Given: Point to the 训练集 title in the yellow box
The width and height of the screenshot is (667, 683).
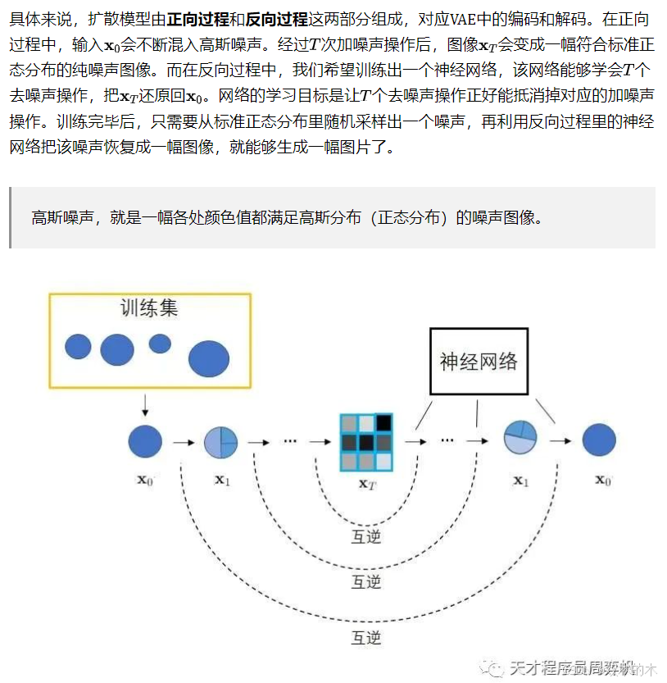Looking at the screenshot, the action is (x=149, y=308).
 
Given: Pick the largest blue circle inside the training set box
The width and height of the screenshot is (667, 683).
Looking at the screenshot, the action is (x=209, y=357).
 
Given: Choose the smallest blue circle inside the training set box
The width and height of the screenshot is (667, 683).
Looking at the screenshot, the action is (x=160, y=344).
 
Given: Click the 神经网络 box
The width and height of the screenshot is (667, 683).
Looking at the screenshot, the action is (x=479, y=361).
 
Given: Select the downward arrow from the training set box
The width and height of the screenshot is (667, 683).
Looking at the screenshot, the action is (x=145, y=403).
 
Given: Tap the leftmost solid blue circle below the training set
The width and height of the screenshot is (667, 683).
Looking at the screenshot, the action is (x=145, y=441).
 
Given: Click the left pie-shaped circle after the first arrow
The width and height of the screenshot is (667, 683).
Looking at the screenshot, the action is (x=220, y=442).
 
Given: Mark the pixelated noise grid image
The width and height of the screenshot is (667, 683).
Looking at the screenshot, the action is (x=366, y=442).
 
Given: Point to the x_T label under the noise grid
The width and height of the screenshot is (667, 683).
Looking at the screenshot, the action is (x=367, y=483).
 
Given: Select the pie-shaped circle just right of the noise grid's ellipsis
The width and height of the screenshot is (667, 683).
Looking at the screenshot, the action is (x=520, y=437).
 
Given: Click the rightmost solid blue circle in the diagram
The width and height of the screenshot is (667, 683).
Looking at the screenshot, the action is (x=599, y=440).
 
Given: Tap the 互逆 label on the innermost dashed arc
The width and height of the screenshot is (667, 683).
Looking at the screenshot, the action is (x=366, y=538).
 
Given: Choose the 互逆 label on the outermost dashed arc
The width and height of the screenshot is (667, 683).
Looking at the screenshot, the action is (x=366, y=636).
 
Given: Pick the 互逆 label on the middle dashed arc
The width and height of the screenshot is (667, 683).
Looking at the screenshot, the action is (x=366, y=582).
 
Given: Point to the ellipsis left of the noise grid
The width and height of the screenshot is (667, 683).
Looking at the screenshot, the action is (x=289, y=440).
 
